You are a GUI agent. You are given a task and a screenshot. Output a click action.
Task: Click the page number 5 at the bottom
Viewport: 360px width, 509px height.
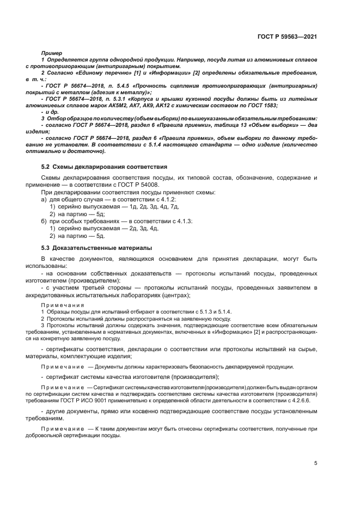coord(316,463)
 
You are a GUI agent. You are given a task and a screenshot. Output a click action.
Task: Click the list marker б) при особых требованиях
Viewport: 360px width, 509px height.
coord(44,222)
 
